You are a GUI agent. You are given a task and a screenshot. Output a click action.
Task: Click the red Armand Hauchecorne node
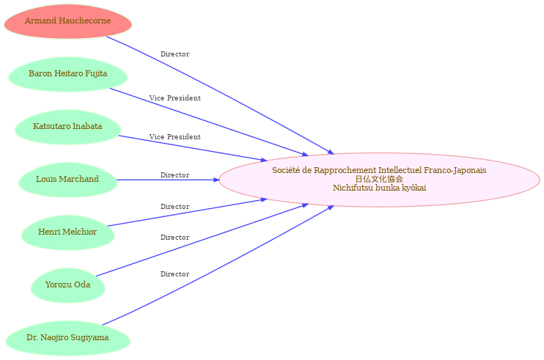[68, 21]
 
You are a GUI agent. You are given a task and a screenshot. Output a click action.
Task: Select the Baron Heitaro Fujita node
[68, 74]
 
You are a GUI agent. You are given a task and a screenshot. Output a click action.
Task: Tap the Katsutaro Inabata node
[68, 127]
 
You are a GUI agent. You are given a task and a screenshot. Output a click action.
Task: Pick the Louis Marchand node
[68, 180]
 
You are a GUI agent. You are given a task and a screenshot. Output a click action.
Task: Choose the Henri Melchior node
[68, 232]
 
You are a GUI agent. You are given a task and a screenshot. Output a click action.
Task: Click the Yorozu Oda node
[68, 285]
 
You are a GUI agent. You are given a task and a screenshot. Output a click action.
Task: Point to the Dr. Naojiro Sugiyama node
[68, 338]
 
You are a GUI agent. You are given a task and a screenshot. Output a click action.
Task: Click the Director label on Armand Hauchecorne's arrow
[174, 54]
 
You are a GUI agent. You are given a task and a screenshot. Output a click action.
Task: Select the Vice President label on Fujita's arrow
[174, 98]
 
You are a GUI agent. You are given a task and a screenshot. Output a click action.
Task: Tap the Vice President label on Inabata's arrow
[174, 137]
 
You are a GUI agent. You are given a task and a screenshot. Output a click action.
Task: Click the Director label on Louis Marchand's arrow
[174, 175]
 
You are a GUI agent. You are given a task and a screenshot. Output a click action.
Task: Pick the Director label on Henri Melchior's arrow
[174, 207]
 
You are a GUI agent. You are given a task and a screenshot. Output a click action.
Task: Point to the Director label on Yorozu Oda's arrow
[174, 238]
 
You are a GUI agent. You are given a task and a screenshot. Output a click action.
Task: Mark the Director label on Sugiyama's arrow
[174, 274]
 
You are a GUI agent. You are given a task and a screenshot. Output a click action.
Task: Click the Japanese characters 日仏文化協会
[379, 179]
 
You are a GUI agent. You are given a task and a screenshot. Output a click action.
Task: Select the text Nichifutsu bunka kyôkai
[379, 188]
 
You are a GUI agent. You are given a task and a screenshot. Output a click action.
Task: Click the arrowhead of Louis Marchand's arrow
[217, 180]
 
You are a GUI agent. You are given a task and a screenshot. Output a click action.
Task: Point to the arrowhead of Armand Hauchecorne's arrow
[331, 152]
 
